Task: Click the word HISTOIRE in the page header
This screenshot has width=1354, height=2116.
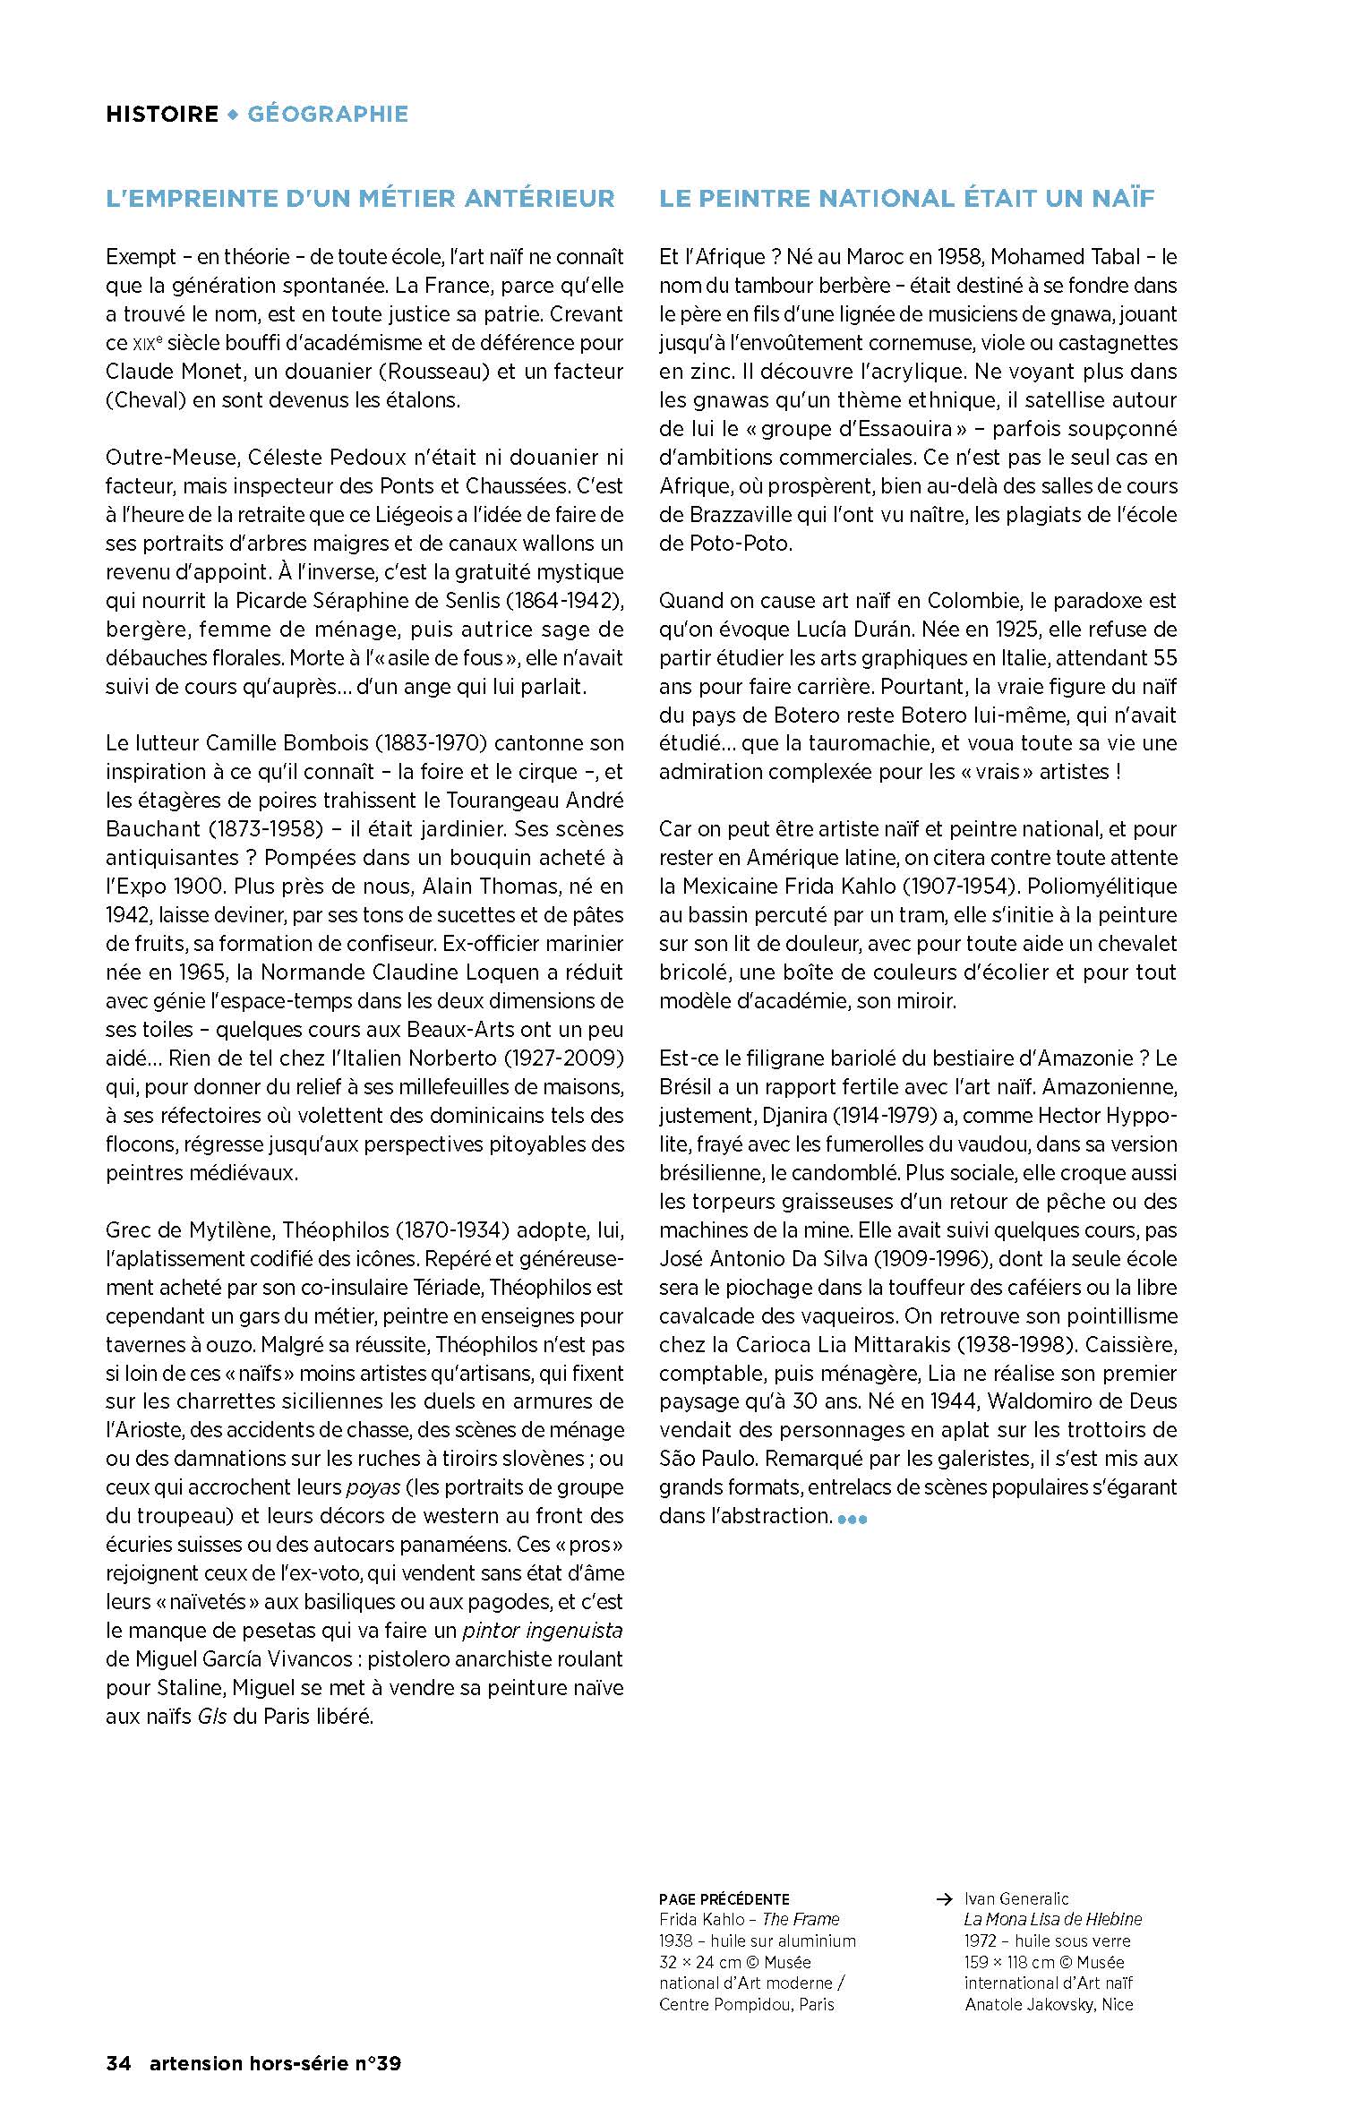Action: (162, 114)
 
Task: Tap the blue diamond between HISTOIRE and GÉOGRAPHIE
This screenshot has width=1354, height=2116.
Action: (233, 114)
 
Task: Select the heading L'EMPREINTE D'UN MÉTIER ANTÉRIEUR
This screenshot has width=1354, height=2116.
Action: (360, 198)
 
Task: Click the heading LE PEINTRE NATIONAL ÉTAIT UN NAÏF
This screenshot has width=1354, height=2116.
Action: (907, 198)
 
